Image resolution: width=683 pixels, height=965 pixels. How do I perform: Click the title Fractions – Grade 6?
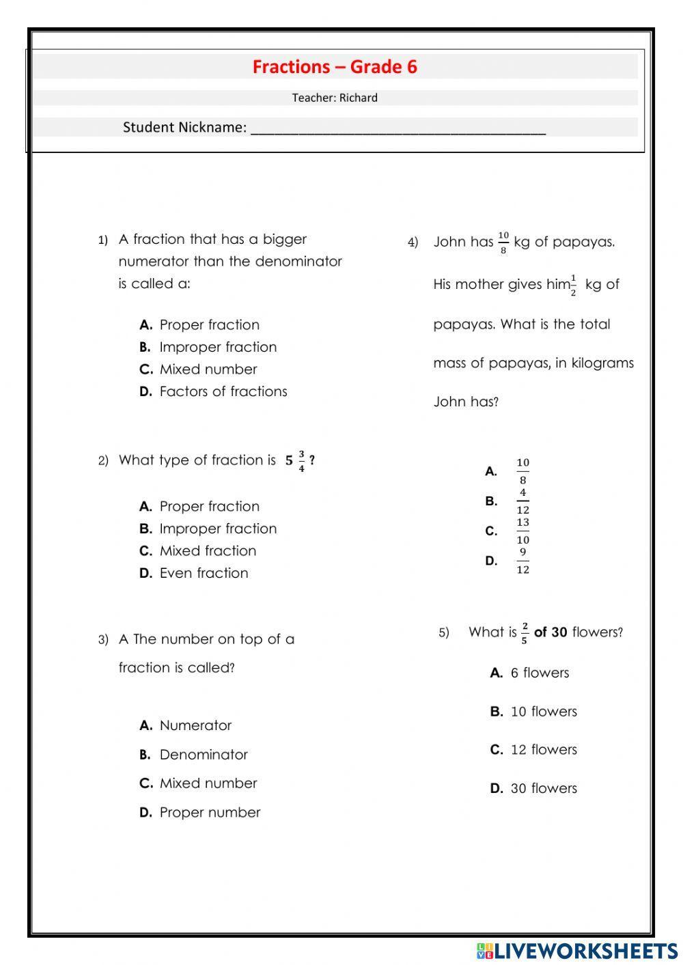tap(335, 67)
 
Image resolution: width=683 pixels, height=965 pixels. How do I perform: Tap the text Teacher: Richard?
tap(335, 98)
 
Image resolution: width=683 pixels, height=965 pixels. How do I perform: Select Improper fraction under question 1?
tap(217, 347)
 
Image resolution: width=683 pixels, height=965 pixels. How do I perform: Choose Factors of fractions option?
tap(223, 391)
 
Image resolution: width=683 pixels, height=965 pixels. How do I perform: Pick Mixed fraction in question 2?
tap(208, 550)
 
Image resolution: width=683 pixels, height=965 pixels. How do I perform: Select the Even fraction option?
tap(204, 573)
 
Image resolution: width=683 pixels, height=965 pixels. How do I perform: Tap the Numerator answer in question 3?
tap(195, 725)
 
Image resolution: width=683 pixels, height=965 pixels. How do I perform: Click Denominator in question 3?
tap(204, 755)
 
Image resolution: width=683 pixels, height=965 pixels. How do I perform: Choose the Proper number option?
tap(210, 813)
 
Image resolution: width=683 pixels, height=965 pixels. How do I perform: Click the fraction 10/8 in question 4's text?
tap(503, 242)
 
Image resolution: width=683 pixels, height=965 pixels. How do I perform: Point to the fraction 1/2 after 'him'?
tap(573, 285)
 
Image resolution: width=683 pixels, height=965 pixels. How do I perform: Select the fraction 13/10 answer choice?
tap(522, 531)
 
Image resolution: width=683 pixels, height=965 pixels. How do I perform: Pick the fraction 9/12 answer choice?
tap(522, 561)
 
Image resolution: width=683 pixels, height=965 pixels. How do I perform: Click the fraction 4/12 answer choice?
tap(522, 501)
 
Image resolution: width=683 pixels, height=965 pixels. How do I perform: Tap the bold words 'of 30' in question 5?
tap(550, 632)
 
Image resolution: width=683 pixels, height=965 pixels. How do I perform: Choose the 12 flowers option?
tap(543, 750)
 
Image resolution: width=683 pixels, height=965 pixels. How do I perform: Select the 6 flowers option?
tap(539, 673)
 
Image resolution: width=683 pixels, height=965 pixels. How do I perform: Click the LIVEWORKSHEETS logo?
tap(577, 951)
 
